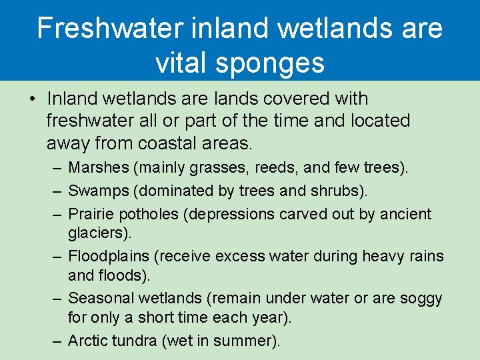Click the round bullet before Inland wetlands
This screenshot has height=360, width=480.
(x=32, y=99)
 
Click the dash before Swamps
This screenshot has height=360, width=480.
(x=57, y=191)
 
